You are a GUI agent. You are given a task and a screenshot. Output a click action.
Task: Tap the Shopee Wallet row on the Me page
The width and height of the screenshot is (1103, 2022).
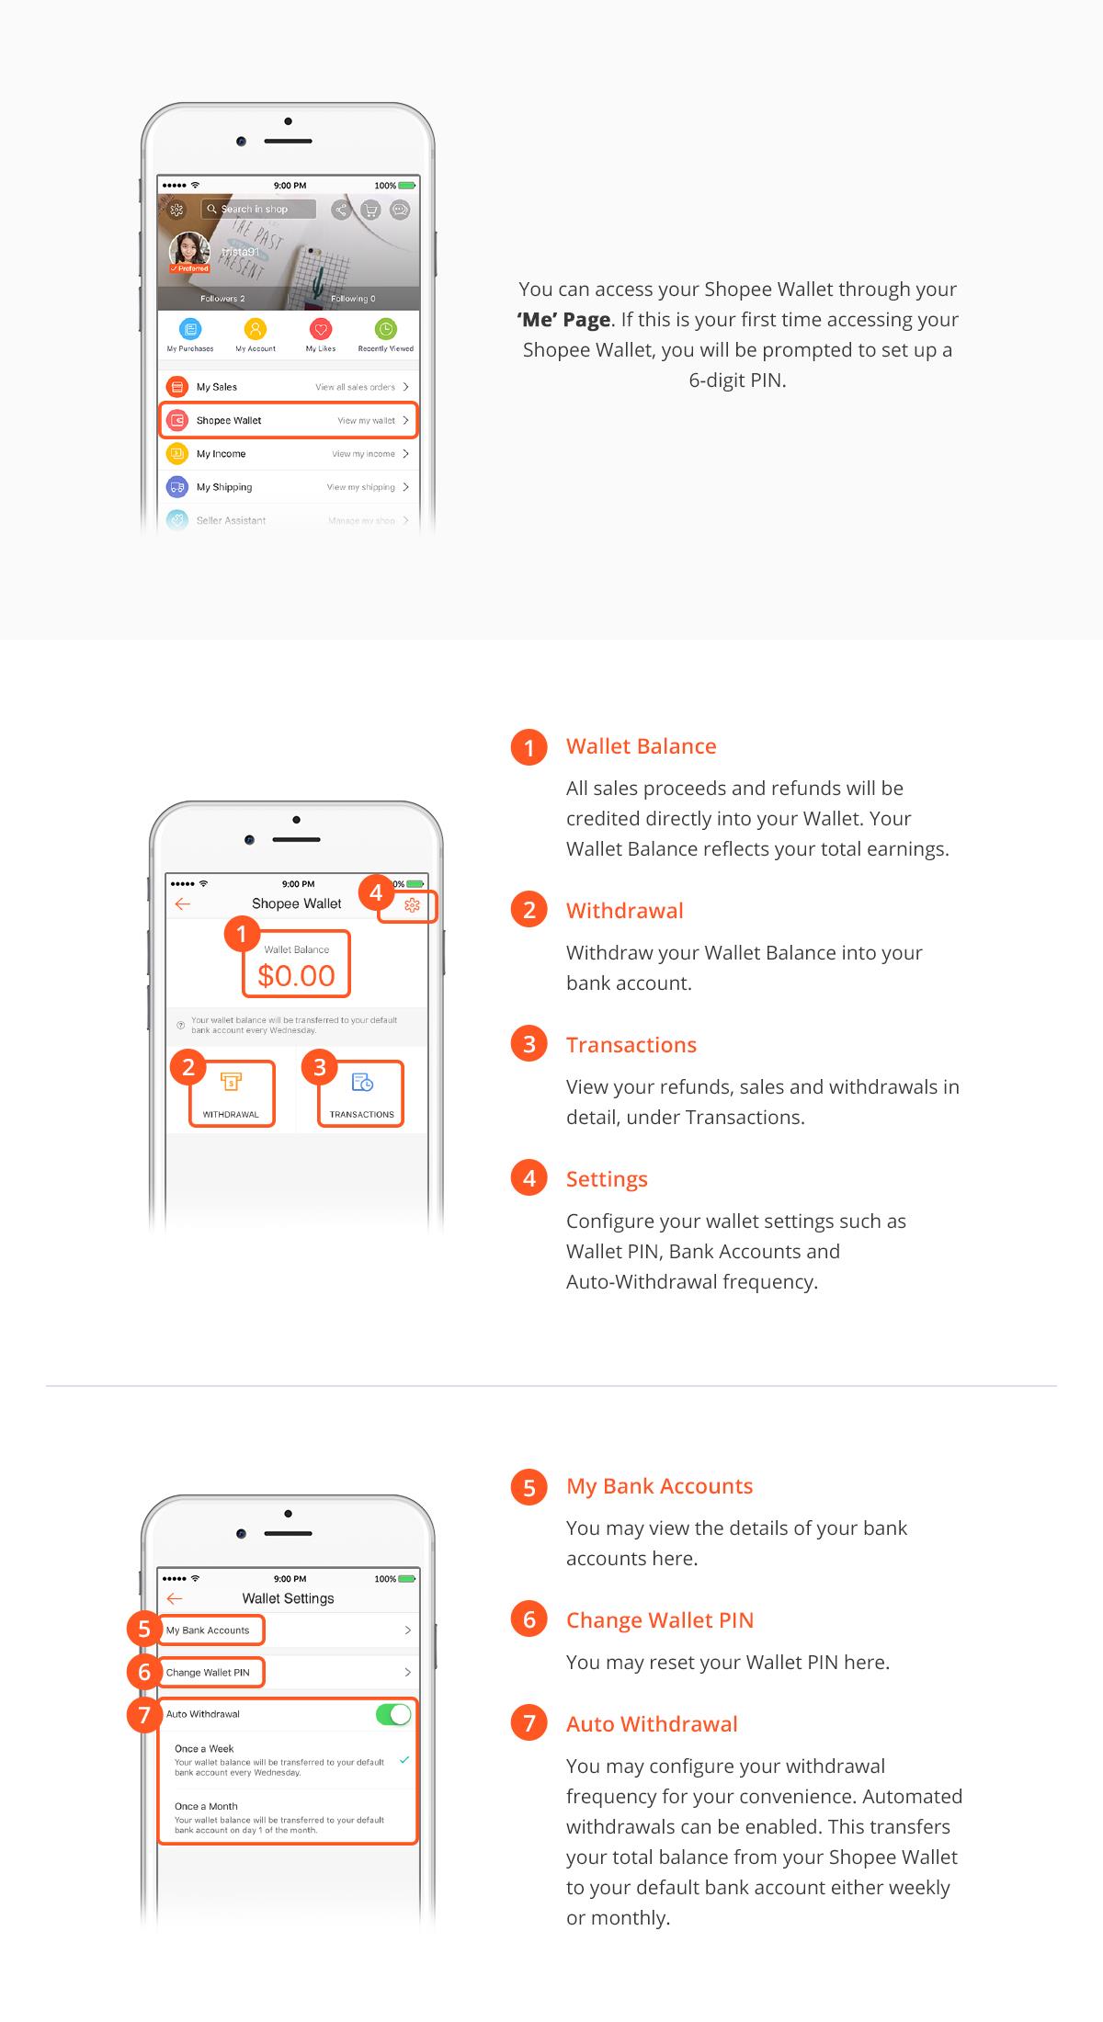pos(288,420)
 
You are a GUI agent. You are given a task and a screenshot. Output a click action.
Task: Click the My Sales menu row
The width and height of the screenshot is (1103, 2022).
pos(288,387)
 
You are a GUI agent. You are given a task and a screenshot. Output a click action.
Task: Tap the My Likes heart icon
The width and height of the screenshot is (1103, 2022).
pos(320,330)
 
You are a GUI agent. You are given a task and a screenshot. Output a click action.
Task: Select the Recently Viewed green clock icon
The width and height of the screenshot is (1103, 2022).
pos(386,330)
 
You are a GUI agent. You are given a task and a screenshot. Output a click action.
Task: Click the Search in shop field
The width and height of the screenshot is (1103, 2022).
pos(259,210)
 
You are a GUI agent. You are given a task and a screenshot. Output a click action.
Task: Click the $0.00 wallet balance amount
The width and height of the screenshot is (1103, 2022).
pos(296,975)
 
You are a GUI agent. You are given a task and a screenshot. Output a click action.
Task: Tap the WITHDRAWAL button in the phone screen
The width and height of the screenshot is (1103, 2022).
pos(231,1094)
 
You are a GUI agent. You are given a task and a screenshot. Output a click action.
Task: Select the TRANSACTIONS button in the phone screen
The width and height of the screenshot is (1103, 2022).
pos(362,1094)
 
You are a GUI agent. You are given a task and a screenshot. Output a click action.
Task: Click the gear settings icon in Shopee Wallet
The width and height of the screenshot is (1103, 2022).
pos(412,905)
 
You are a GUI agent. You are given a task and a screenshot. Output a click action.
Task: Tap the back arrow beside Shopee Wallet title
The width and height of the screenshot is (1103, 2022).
pos(183,904)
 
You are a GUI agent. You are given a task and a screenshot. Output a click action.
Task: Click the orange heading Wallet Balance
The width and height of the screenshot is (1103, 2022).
pos(641,746)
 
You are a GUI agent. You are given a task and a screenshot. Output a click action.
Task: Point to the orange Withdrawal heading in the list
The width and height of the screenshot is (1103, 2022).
pos(624,911)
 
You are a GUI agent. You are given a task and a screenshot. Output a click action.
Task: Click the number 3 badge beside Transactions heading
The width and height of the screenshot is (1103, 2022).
pos(529,1045)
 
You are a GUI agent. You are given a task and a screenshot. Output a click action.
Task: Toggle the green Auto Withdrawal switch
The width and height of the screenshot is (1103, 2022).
pos(393,1714)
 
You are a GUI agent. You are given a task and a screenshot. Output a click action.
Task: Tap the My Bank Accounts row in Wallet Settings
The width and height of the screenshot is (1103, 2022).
pos(288,1630)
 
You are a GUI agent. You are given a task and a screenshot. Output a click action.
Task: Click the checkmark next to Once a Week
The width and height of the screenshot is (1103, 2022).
pos(404,1759)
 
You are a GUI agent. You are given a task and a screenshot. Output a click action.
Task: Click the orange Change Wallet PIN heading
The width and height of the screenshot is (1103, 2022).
pos(659,1620)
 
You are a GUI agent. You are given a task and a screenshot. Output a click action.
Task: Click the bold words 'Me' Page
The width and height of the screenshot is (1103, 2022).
pos(563,320)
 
